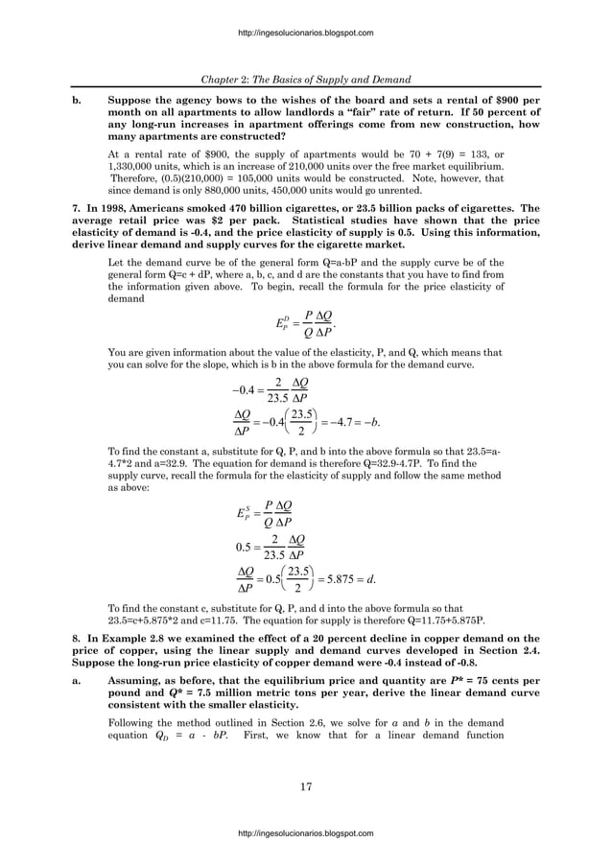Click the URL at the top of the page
(305, 33)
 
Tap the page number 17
(306, 787)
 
